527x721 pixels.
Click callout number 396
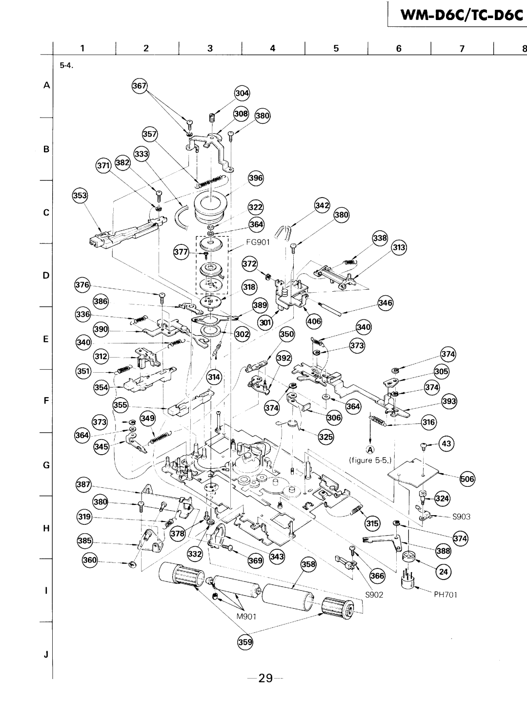(255, 178)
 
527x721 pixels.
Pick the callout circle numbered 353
(81, 196)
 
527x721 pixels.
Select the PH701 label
(445, 595)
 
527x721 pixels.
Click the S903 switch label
(460, 516)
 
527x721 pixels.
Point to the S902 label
(376, 595)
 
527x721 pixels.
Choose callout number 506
(468, 478)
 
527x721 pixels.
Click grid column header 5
(336, 48)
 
